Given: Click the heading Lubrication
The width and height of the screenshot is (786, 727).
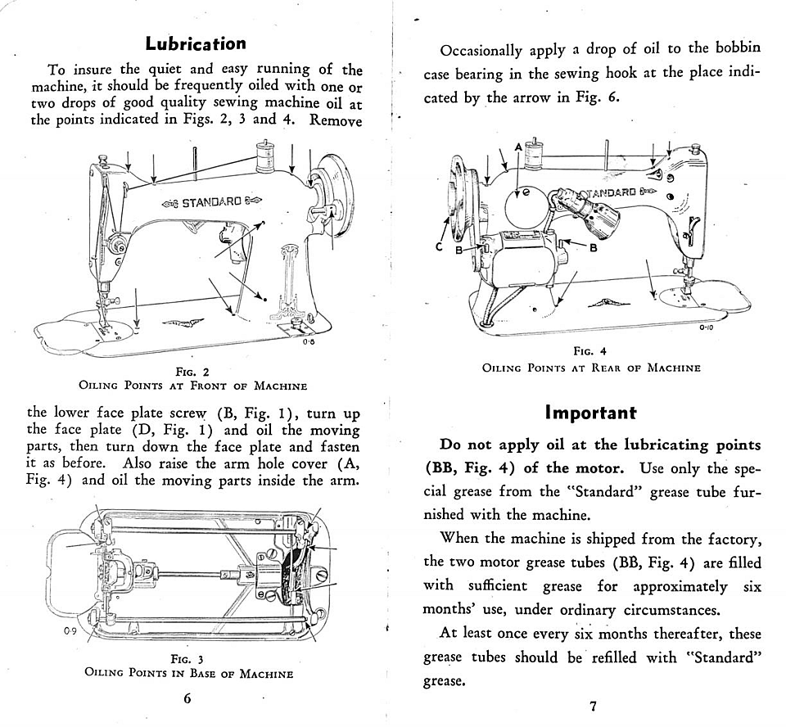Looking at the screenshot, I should pyautogui.click(x=195, y=43).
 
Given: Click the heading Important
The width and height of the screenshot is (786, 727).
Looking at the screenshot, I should pyautogui.click(x=590, y=413).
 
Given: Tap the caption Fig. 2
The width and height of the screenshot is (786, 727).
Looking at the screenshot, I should pyautogui.click(x=192, y=372).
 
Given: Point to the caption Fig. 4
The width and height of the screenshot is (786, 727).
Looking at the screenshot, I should pyautogui.click(x=590, y=352).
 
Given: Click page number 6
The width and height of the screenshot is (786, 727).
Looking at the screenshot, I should pyautogui.click(x=187, y=698).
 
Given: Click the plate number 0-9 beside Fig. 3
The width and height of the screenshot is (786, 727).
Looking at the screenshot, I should pyautogui.click(x=70, y=632).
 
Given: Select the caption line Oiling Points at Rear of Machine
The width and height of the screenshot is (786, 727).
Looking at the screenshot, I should pyautogui.click(x=591, y=368).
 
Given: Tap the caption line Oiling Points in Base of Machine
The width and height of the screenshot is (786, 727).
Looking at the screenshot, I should pyautogui.click(x=188, y=674).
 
